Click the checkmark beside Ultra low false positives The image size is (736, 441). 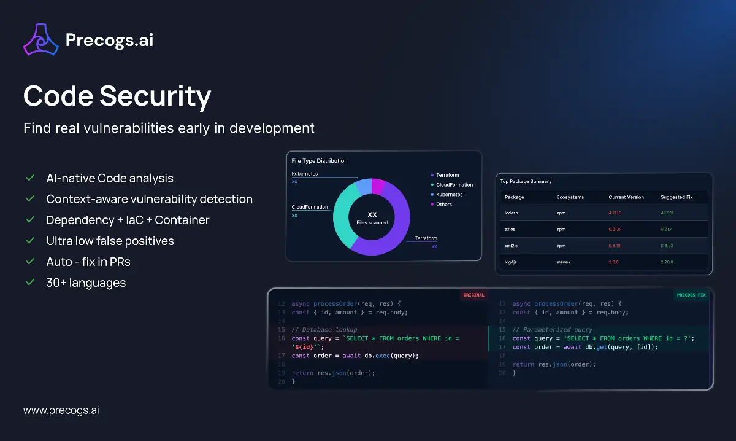tap(29, 241)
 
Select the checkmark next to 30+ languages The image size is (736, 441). tap(29, 283)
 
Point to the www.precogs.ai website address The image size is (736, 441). tap(61, 410)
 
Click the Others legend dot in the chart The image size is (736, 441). tap(432, 205)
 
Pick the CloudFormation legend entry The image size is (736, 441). tap(454, 185)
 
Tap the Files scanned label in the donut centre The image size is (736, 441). tap(372, 222)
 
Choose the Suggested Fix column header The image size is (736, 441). tap(677, 197)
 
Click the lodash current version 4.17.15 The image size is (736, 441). tap(615, 213)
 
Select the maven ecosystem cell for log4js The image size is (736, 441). tap(564, 262)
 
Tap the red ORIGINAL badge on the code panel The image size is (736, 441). tap(473, 295)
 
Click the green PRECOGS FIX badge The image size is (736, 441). tap(691, 295)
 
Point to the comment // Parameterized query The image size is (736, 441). tap(552, 330)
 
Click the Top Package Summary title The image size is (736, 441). tap(526, 181)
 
